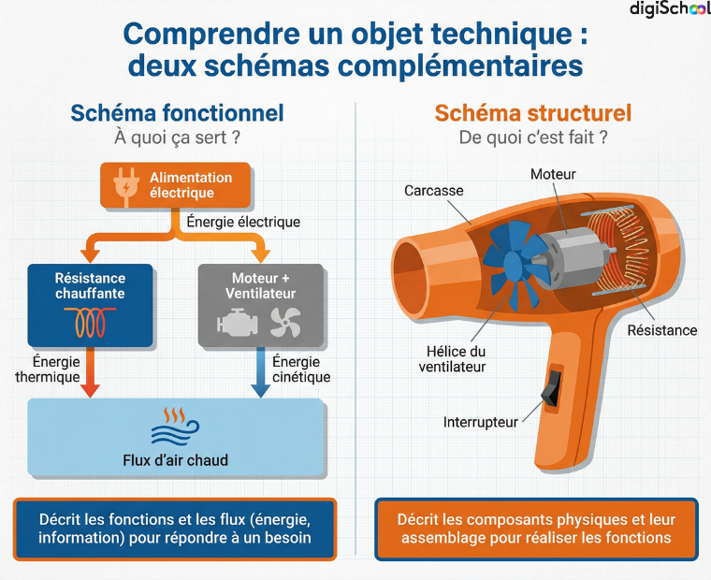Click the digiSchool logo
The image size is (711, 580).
pyautogui.click(x=670, y=9)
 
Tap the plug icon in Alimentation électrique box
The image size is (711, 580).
pyautogui.click(x=126, y=186)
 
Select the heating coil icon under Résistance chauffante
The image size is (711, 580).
pyautogui.click(x=90, y=322)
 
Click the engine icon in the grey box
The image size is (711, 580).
pyautogui.click(x=237, y=322)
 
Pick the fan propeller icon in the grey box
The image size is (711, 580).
pyautogui.click(x=285, y=322)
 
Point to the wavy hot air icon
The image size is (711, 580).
pyautogui.click(x=175, y=428)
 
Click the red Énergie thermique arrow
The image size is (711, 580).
pyautogui.click(x=90, y=372)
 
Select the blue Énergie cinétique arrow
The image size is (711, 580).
pyautogui.click(x=261, y=372)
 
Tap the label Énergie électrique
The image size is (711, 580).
pyautogui.click(x=243, y=222)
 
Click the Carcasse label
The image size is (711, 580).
pyautogui.click(x=434, y=191)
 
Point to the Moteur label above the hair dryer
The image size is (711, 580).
pyautogui.click(x=553, y=174)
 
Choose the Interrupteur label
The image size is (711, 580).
pyautogui.click(x=481, y=422)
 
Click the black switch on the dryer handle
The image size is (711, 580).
pyautogui.click(x=552, y=387)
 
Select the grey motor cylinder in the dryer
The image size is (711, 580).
pyautogui.click(x=573, y=255)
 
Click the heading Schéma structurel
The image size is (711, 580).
pyautogui.click(x=533, y=113)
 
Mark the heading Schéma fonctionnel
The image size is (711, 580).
pyautogui.click(x=178, y=113)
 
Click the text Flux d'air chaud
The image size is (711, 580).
pyautogui.click(x=176, y=460)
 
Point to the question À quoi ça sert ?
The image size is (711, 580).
pyautogui.click(x=178, y=138)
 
